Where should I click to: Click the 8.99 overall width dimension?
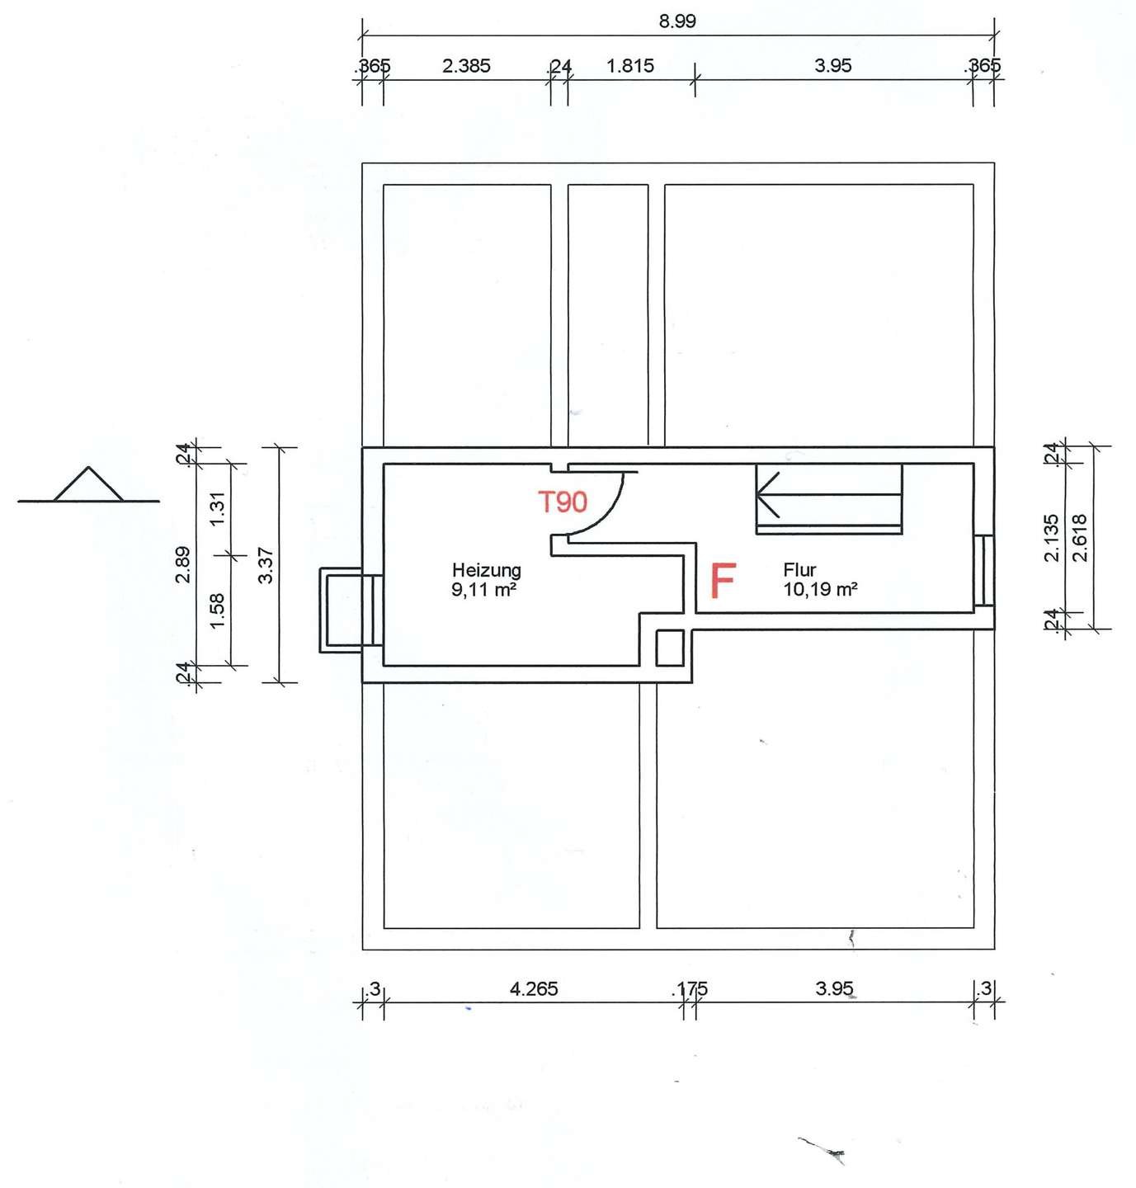tap(676, 21)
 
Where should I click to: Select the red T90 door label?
tap(563, 502)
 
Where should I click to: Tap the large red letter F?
tap(723, 581)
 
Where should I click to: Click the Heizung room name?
tap(486, 570)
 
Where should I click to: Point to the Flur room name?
tap(799, 570)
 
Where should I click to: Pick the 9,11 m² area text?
tap(484, 590)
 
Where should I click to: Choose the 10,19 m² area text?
tap(820, 590)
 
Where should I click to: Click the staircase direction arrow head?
tap(765, 494)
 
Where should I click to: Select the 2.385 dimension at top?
tap(466, 66)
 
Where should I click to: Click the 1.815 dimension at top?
tap(630, 66)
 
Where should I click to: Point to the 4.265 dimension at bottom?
tap(534, 988)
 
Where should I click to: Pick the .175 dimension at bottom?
tap(691, 988)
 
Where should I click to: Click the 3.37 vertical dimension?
tap(266, 565)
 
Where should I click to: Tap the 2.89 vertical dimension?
tap(183, 564)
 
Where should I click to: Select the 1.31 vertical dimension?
tap(218, 509)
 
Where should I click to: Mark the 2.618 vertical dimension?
tap(1079, 538)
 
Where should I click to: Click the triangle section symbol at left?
tap(88, 486)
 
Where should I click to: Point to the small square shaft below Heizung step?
tap(669, 648)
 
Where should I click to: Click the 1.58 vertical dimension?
tap(218, 610)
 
